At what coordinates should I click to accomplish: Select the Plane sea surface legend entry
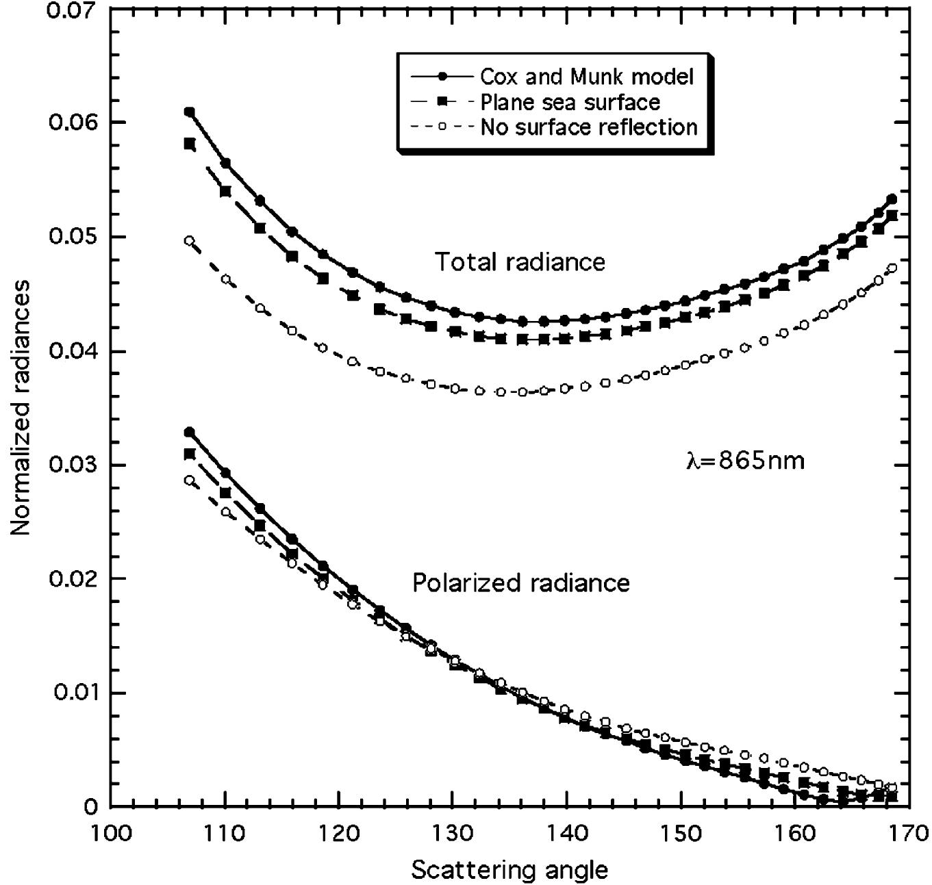[x=570, y=102]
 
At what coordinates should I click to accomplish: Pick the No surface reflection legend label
[x=589, y=127]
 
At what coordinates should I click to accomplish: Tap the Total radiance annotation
[x=520, y=262]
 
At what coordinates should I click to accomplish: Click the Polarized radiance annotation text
[x=520, y=582]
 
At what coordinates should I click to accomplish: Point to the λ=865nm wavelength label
[x=745, y=461]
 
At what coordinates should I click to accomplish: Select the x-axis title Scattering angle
[x=509, y=870]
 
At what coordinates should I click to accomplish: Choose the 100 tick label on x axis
[x=110, y=833]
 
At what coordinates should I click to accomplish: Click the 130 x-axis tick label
[x=452, y=833]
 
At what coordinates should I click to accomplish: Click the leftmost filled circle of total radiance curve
[x=190, y=112]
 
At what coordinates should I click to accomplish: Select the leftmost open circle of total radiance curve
[x=190, y=241]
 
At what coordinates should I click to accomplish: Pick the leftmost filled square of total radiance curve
[x=190, y=144]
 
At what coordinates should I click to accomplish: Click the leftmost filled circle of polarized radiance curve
[x=190, y=432]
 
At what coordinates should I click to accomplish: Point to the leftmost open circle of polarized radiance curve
[x=190, y=480]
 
